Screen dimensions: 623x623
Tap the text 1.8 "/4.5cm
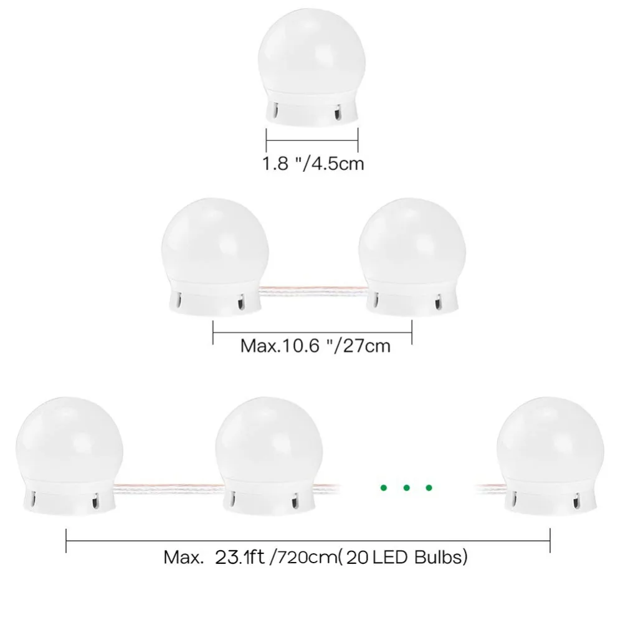[x=313, y=164]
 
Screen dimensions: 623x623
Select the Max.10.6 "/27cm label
[x=315, y=346]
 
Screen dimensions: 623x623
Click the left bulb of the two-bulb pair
[x=214, y=257]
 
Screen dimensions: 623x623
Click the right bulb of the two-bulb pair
[x=412, y=257]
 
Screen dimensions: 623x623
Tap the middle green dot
[x=406, y=488]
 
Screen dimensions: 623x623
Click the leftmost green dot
[x=383, y=488]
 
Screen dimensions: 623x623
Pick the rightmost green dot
[x=429, y=488]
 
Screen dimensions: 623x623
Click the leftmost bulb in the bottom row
[x=69, y=455]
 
